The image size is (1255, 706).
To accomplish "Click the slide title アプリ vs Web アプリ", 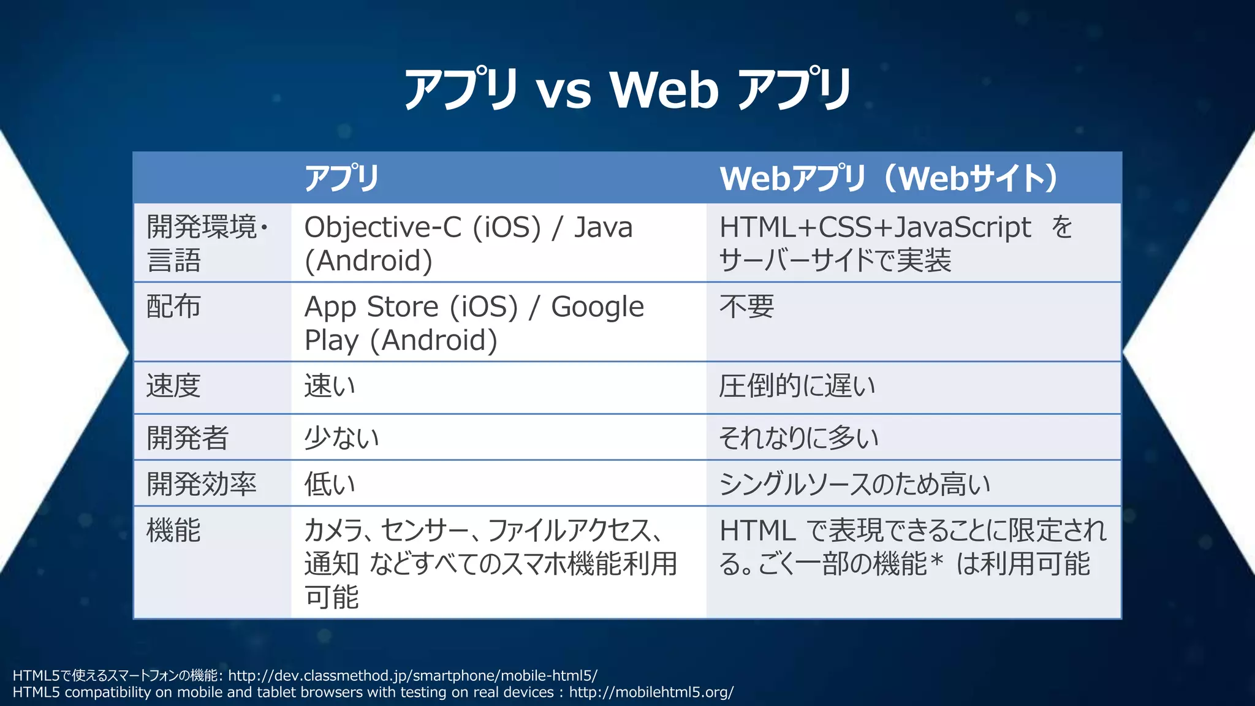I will (x=627, y=89).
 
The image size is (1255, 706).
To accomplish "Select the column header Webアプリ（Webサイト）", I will (x=889, y=178).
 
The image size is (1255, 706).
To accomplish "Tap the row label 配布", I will (x=173, y=306).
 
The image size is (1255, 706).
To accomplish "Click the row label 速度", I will (x=173, y=386).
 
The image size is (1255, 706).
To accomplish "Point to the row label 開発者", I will (x=188, y=438).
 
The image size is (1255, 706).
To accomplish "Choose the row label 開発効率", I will (x=202, y=484).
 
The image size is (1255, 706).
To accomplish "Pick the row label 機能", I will (x=173, y=530).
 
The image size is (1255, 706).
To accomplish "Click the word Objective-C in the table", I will (x=383, y=227).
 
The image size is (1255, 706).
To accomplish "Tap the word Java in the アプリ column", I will (x=603, y=227).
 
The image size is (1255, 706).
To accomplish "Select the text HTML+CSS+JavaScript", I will (x=875, y=227).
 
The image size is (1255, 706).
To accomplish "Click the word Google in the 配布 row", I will (x=597, y=307).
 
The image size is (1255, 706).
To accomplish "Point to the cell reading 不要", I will (x=747, y=306).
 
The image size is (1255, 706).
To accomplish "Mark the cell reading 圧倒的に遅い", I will (x=797, y=386).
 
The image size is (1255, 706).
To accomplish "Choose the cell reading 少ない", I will (x=342, y=438).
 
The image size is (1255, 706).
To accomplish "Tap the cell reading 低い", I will (x=330, y=484).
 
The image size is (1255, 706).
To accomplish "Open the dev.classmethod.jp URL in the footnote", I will (x=412, y=676).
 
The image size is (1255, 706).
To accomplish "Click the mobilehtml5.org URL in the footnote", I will (x=651, y=693).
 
